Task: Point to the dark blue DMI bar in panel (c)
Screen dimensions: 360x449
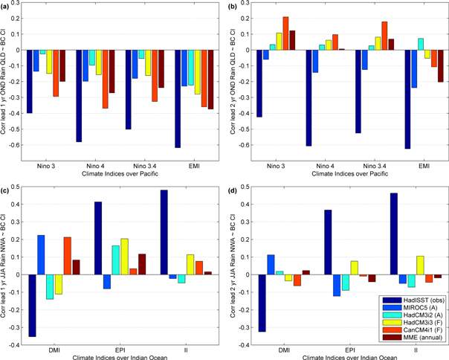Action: [32, 305]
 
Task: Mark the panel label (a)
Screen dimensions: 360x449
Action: [7, 6]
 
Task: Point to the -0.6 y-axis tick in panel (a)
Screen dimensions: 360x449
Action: [16, 144]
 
